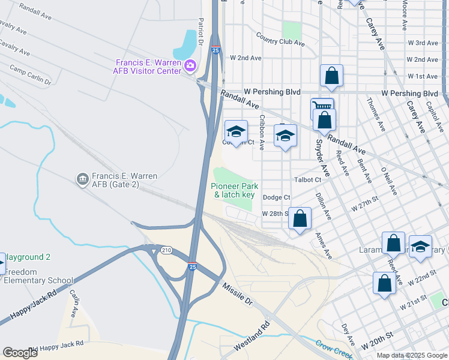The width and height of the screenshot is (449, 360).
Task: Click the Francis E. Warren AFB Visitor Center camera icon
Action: click(191, 65)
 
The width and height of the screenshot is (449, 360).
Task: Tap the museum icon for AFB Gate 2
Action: click(82, 179)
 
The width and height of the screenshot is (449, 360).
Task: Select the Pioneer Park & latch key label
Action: click(234, 191)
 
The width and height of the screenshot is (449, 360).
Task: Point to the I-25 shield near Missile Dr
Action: click(192, 266)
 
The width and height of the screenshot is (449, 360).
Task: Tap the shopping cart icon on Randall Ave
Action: click(322, 107)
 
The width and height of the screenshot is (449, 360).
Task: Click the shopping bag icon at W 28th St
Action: click(300, 218)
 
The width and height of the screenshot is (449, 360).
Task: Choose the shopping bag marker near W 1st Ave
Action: click(331, 76)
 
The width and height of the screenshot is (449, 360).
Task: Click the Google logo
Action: click(20, 353)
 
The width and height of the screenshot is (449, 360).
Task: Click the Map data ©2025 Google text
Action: click(411, 355)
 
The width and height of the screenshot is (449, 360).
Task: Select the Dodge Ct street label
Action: click(276, 197)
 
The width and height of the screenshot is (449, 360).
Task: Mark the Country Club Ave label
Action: click(280, 42)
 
